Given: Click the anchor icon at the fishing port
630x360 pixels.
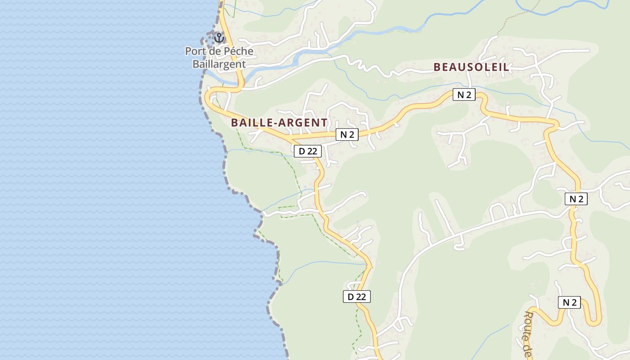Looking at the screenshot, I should tap(219, 37).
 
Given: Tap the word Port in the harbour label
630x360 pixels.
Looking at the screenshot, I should tap(194, 51).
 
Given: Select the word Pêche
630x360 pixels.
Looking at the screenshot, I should tap(238, 51).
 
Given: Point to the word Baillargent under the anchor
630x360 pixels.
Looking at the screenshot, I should tap(219, 64).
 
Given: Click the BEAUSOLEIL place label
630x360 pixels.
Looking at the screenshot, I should tap(471, 67).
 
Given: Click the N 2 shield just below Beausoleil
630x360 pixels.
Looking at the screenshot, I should tap(463, 94).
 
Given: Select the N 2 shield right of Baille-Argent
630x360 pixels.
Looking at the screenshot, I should tap(346, 134).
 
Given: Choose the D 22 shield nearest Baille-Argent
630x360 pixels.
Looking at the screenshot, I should tap(308, 151).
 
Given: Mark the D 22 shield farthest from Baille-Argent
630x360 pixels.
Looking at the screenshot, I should tap(357, 296).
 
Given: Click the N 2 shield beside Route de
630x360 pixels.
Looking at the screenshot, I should tap(569, 302).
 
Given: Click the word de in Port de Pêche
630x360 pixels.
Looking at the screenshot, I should tap(216, 51).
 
